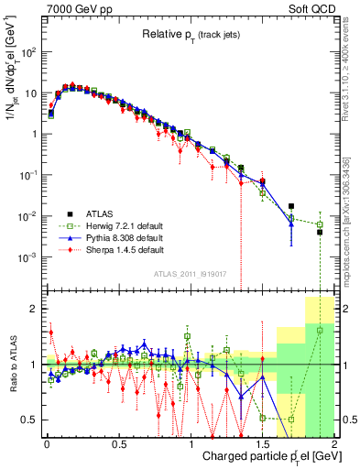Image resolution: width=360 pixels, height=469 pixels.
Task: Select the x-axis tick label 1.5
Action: (x=263, y=443)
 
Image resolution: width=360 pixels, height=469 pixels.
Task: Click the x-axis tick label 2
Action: (x=334, y=443)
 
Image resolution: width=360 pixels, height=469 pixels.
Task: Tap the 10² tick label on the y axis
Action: (x=27, y=52)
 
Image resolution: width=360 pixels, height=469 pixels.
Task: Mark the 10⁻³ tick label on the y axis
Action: (x=27, y=257)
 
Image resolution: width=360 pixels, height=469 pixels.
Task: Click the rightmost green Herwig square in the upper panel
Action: (x=320, y=224)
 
